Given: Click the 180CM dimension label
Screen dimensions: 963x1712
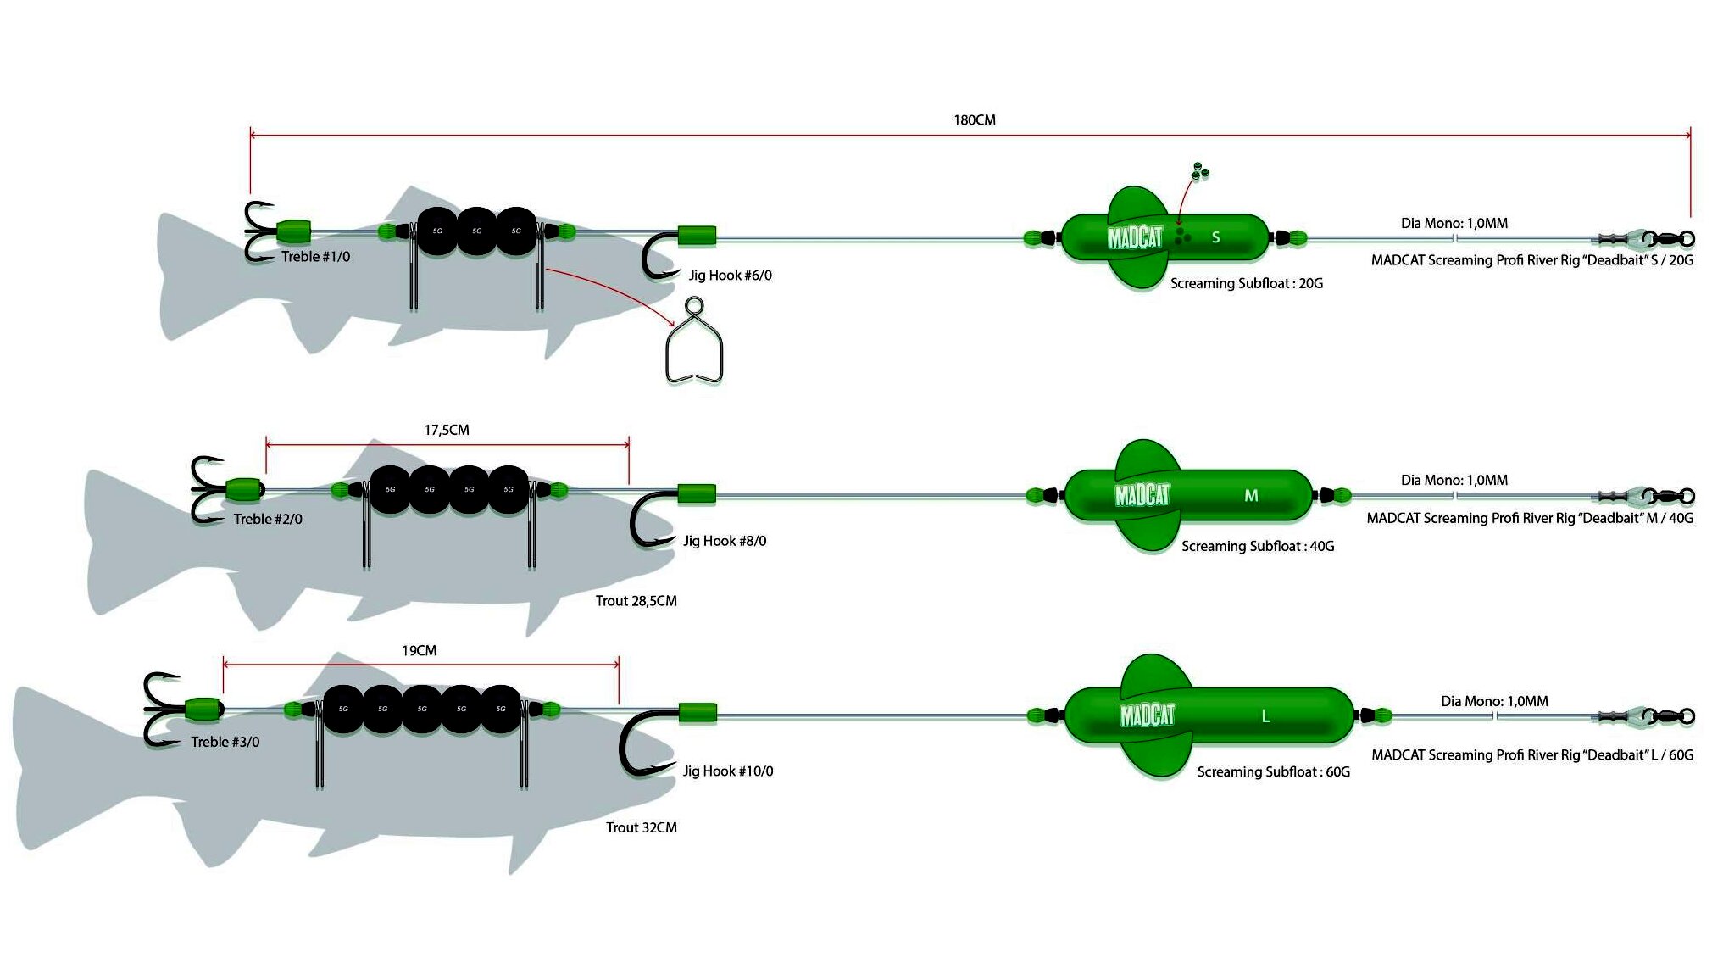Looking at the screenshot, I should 974,120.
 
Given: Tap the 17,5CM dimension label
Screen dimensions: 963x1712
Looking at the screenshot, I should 447,430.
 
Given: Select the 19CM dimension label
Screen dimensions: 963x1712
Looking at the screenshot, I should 419,650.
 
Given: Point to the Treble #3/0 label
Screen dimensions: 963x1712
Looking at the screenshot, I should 225,742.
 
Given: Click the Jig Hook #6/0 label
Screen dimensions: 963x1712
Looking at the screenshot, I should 730,275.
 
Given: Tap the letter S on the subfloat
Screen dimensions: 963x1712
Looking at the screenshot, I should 1215,237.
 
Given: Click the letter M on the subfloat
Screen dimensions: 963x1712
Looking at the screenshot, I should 1251,495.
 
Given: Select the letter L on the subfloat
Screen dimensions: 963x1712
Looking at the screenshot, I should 1265,716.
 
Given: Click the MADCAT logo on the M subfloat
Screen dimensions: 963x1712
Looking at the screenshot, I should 1142,494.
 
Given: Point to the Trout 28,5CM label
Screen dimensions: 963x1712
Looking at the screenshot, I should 636,601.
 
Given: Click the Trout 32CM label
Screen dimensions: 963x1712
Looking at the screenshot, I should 641,827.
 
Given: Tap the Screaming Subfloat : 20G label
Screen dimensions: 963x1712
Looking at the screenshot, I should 1246,283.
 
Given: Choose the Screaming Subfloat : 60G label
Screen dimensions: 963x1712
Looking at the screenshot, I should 1273,771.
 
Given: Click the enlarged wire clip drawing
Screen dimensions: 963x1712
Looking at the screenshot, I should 694,342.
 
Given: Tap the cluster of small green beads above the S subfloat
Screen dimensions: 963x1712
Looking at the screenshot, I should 1199,171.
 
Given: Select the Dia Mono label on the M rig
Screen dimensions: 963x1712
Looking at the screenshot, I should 1454,480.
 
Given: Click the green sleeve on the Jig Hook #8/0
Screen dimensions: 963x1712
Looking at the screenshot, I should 697,493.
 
